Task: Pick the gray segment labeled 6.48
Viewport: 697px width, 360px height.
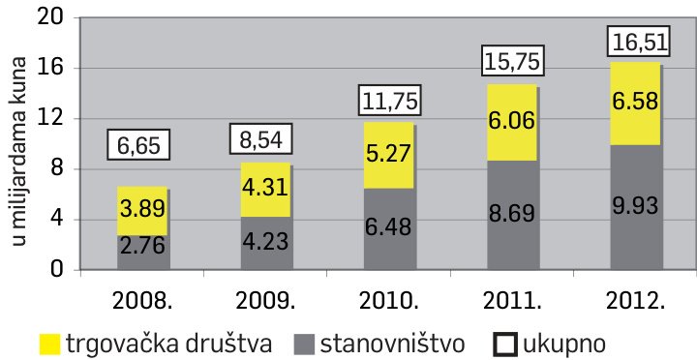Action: (389, 228)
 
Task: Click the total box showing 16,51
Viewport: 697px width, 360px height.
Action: (636, 44)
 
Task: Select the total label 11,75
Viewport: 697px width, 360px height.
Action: (389, 101)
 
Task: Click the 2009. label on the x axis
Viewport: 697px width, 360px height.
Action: (266, 298)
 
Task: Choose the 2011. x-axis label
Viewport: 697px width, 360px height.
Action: (512, 298)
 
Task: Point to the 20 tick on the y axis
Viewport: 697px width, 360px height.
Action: (50, 17)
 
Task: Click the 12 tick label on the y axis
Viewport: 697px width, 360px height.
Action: (50, 118)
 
